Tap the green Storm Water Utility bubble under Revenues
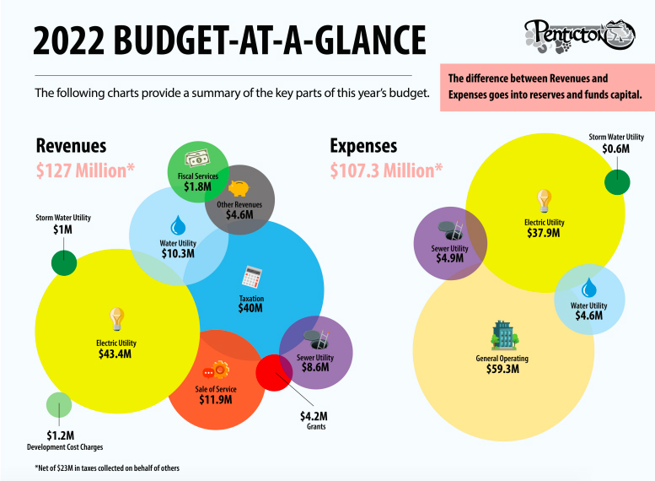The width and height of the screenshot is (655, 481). tap(64, 261)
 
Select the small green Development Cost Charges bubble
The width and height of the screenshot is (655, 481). tap(58, 406)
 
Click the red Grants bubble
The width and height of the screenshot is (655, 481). tap(272, 372)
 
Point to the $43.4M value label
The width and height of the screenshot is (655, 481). tap(115, 354)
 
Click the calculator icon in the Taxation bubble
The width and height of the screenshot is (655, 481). tap(251, 277)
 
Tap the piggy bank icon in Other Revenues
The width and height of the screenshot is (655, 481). tap(239, 189)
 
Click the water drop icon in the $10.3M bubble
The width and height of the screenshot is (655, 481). tap(178, 225)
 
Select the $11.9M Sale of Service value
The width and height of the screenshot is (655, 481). tap(216, 399)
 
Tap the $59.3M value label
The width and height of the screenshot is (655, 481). tap(502, 370)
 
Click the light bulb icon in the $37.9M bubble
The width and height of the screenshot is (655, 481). tap(545, 201)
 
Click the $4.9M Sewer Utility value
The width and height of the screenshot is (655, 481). tap(449, 258)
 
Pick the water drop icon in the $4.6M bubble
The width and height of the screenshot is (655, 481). tap(588, 287)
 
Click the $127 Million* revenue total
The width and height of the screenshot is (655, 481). tap(85, 169)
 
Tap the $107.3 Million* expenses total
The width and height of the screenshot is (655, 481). tap(386, 170)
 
